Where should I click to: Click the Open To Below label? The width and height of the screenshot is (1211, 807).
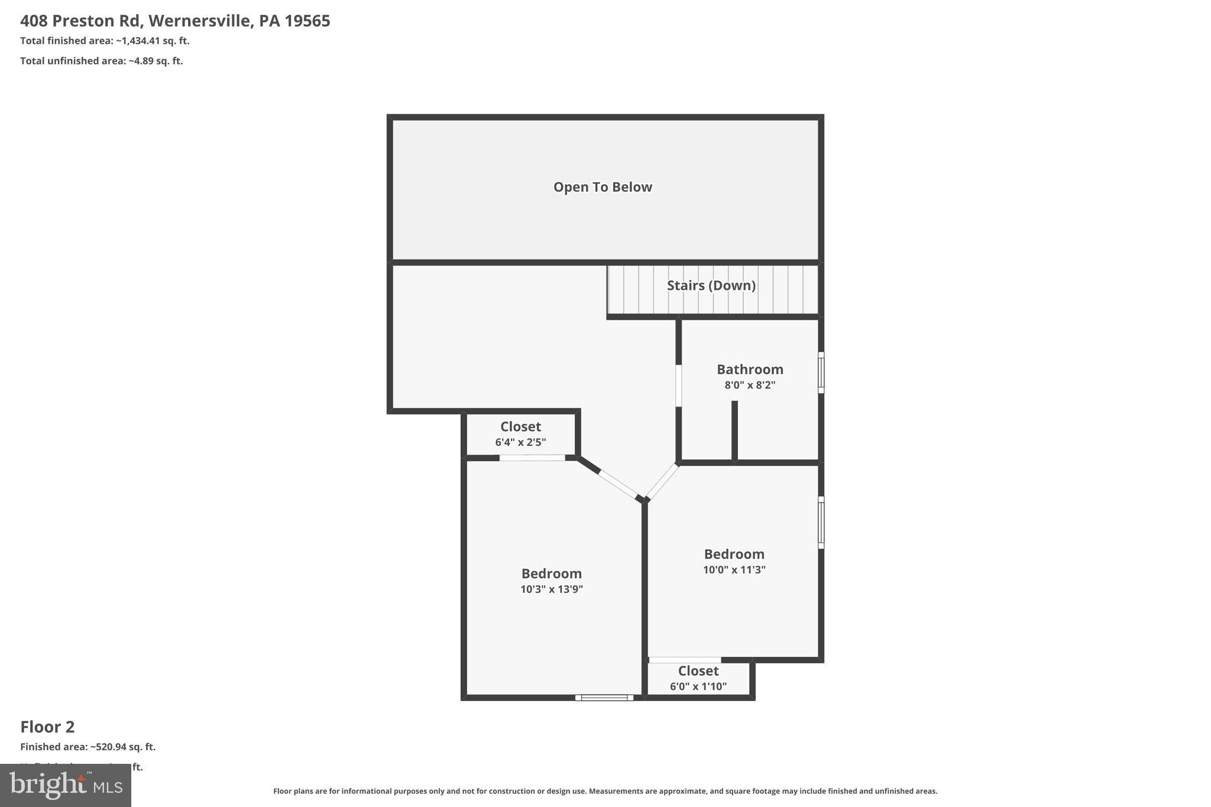tap(603, 187)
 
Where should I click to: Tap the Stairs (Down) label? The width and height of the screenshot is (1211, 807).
tap(711, 286)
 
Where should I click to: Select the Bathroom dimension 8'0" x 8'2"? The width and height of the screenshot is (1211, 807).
tap(750, 385)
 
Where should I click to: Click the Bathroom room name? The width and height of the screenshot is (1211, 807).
tap(750, 370)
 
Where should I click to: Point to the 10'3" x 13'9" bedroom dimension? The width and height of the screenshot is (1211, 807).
tap(551, 589)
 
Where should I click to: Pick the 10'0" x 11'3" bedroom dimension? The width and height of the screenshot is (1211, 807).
tap(734, 570)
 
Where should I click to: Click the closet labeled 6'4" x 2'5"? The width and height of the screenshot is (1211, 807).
tap(520, 433)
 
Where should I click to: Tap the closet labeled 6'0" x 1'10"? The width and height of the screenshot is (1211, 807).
tap(698, 678)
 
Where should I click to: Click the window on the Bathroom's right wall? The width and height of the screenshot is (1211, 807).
tap(821, 372)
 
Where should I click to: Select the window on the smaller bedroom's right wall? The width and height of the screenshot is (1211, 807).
tap(821, 522)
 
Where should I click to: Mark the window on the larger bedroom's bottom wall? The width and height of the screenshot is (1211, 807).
tap(604, 698)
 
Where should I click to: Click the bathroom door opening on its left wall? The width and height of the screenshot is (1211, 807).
tap(678, 385)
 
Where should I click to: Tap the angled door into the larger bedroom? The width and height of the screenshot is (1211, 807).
tap(618, 484)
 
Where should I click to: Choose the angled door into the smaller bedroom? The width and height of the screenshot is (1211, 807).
tap(662, 481)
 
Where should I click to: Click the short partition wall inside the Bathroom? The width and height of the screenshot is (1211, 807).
tap(734, 430)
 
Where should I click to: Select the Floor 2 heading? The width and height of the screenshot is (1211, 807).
tap(47, 727)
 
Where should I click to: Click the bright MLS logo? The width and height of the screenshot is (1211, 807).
tap(65, 785)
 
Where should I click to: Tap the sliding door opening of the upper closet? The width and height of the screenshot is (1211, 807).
tap(532, 458)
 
